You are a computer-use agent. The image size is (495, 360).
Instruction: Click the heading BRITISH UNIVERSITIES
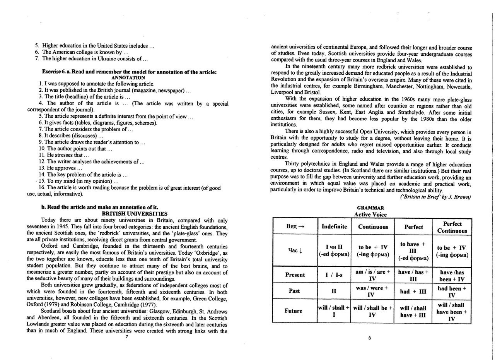[134, 214]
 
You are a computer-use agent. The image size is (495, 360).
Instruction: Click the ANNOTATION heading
[128, 77]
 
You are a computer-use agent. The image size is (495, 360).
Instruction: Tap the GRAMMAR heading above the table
[370, 208]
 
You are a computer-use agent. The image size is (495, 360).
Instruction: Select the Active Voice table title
[370, 214]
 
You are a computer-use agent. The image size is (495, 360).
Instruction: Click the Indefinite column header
[334, 226]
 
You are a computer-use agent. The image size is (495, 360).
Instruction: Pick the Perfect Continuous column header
[452, 227]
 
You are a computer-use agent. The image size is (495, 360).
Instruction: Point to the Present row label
[295, 275]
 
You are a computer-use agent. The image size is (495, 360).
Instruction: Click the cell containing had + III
[413, 291]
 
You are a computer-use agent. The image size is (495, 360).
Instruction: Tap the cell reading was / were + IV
[372, 291]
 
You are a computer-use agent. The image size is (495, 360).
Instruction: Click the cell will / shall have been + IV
[452, 312]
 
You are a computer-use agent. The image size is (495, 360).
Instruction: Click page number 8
[369, 338]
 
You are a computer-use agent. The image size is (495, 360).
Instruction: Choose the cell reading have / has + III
[413, 275]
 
